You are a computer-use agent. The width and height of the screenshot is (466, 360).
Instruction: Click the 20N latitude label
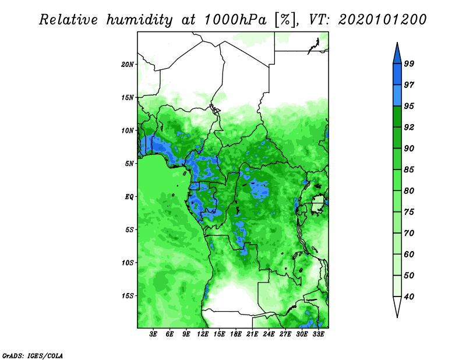coord(128,65)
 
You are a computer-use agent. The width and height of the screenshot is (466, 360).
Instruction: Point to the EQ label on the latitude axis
coord(129,197)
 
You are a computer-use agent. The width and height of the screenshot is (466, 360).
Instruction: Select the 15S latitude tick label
coord(128,296)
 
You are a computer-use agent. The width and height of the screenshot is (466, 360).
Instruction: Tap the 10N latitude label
coord(128,130)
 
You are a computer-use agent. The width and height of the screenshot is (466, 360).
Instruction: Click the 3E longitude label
coord(153,334)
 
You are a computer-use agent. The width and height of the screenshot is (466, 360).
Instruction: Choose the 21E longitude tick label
coord(252,334)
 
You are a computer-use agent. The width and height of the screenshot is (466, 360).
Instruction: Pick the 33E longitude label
coord(318,334)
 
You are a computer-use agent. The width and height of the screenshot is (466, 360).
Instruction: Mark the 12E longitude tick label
coord(203,334)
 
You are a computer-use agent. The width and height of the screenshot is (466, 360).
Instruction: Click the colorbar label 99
coord(409,63)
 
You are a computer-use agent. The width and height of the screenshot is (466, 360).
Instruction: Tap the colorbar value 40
coord(409,297)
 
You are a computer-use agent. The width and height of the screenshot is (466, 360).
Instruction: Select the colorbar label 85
coord(409,170)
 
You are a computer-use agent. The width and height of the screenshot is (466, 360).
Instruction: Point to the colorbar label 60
coord(409,254)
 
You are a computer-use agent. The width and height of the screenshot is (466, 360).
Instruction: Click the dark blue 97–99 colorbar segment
coord(397,75)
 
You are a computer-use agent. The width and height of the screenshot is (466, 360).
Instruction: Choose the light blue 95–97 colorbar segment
coord(397,96)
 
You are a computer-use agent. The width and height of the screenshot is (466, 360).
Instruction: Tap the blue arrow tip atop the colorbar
coord(397,43)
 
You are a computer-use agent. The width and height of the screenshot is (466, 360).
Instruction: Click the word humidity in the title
coord(139,20)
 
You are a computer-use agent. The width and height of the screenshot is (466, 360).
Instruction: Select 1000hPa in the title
coord(235,20)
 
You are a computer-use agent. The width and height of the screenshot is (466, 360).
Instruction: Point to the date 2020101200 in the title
coord(383,19)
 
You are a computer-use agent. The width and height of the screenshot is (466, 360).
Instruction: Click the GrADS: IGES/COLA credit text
coord(33,356)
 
